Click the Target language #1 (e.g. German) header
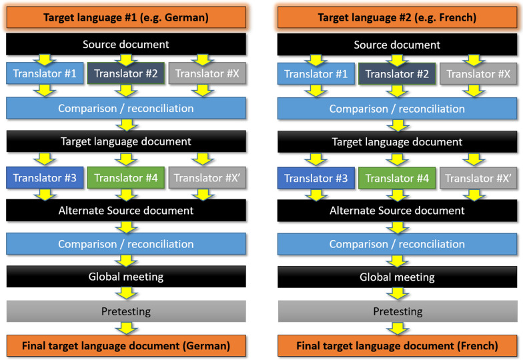point(126,17)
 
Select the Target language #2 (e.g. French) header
point(397,17)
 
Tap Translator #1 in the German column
point(45,73)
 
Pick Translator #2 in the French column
point(397,73)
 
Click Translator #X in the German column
point(207,73)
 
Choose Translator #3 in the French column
point(316,178)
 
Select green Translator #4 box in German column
point(126,178)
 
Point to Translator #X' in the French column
point(478,178)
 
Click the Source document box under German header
point(126,45)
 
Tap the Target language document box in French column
point(397,142)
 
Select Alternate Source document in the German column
point(126,211)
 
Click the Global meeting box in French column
point(397,277)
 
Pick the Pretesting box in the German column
point(126,311)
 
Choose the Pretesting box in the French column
point(397,311)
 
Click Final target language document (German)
point(126,345)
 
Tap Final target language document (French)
point(397,345)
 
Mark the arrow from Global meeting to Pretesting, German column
point(126,293)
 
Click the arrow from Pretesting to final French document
point(397,328)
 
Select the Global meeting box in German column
point(126,277)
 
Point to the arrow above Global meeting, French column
point(397,260)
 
